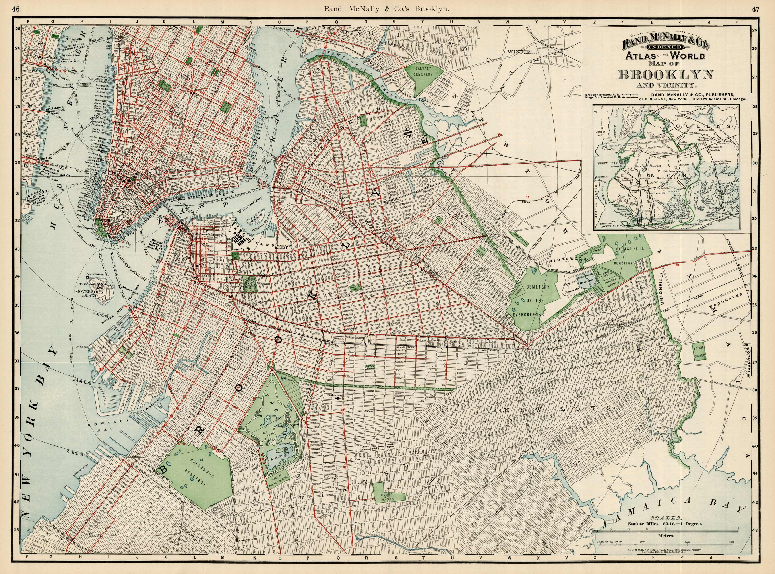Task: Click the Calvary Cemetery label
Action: (423, 72)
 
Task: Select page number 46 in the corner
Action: (16, 9)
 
